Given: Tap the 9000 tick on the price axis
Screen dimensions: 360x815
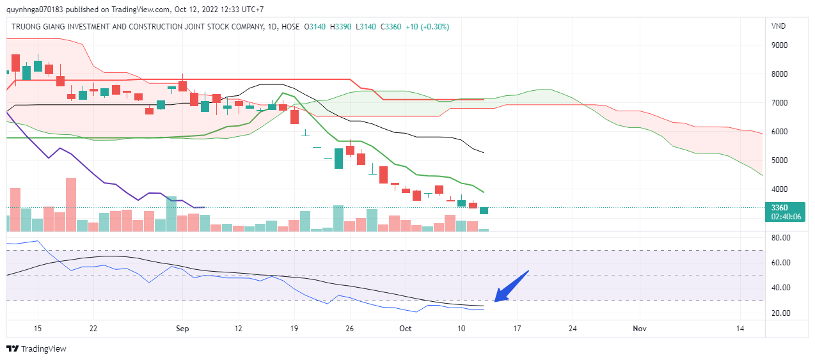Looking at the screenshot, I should coord(779,45).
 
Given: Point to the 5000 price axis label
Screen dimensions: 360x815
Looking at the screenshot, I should coord(779,160).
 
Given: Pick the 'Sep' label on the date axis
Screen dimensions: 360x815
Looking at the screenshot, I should coord(183,328).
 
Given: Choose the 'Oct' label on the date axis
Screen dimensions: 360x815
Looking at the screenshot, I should coord(406,328).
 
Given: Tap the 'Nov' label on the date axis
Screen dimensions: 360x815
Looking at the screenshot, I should coord(640,328).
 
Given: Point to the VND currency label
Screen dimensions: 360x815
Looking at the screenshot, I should coord(779,26).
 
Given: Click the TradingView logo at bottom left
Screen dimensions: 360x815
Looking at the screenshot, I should coord(36,348).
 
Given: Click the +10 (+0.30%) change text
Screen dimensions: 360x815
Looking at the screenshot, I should coord(427,27).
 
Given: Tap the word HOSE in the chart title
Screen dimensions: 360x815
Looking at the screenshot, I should coord(289,27).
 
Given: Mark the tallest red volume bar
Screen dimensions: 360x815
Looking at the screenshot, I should coord(71,204).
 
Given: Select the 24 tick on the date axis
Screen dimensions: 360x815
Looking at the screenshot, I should coord(573,328).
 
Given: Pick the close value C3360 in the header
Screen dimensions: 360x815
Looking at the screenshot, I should coord(391,27).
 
